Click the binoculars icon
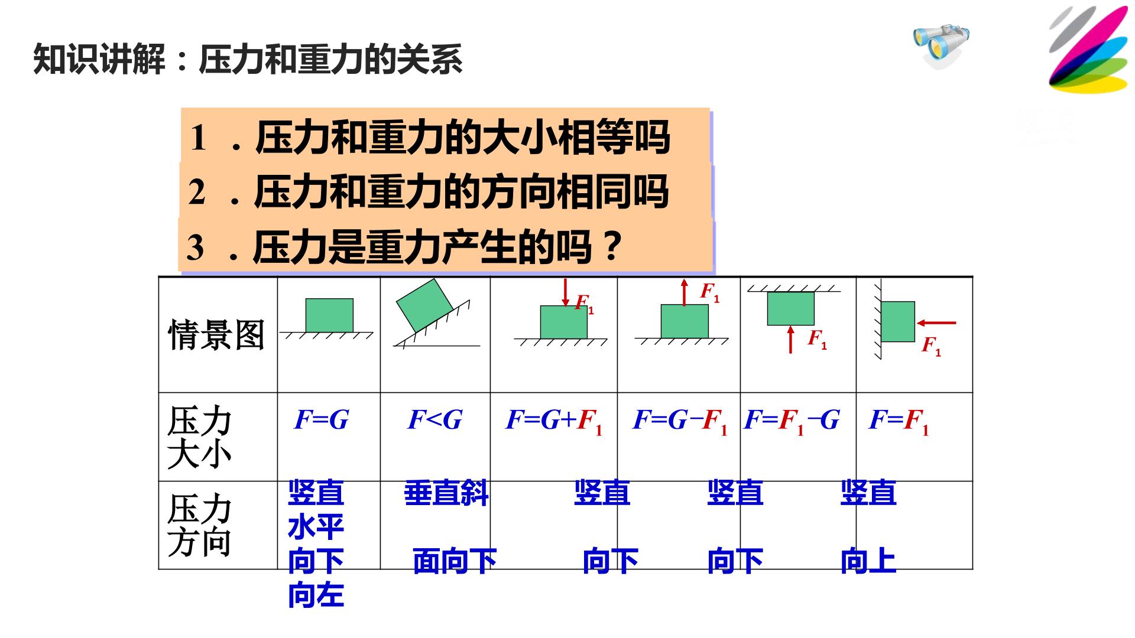(941, 45)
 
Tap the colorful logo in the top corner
(1088, 50)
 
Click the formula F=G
(322, 420)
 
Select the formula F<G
(435, 420)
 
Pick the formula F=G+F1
(554, 421)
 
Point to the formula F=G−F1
(680, 421)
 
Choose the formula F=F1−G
(792, 421)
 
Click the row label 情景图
(216, 334)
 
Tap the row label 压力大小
(199, 438)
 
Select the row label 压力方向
(199, 526)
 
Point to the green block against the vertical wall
(898, 321)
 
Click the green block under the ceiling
(790, 308)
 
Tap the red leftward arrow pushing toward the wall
(936, 323)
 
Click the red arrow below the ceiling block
(790, 340)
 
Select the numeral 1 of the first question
(198, 138)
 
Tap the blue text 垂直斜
(446, 493)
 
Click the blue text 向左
(316, 595)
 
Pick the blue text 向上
(868, 561)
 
